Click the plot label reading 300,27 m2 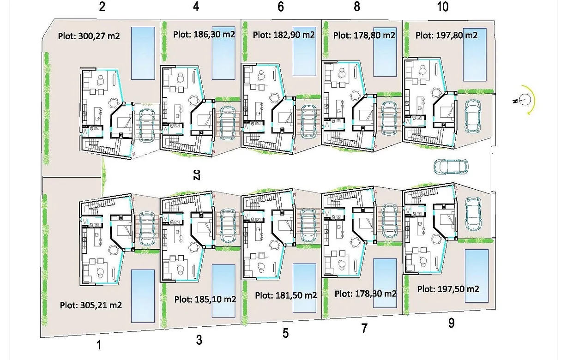point(89,36)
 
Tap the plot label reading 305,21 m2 point(91,305)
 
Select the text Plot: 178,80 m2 point(364,35)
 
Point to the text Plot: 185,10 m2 point(205,299)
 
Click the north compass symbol point(524,99)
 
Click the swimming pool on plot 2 point(143,53)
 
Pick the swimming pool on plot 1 point(143,296)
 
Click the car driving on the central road point(451,166)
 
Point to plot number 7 point(364,329)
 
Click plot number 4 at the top point(196,7)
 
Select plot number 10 point(442,6)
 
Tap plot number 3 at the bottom point(199,340)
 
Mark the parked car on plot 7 point(389,220)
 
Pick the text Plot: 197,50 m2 point(448,289)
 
